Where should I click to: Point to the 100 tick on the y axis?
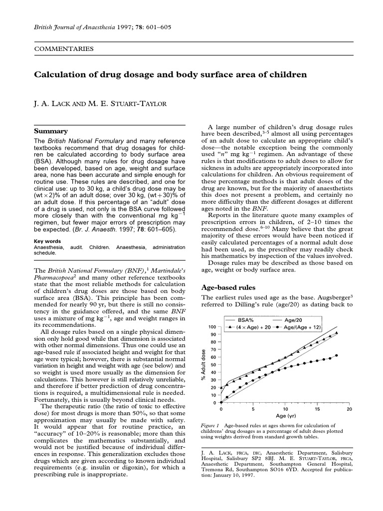(x=212, y=326)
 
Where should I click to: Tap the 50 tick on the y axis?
(x=213, y=365)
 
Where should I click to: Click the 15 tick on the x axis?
(x=317, y=409)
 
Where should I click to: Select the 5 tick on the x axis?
(x=253, y=409)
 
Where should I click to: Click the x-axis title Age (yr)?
(x=286, y=415)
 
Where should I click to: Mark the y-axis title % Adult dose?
(x=203, y=364)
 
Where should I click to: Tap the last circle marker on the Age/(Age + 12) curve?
(x=337, y=355)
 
